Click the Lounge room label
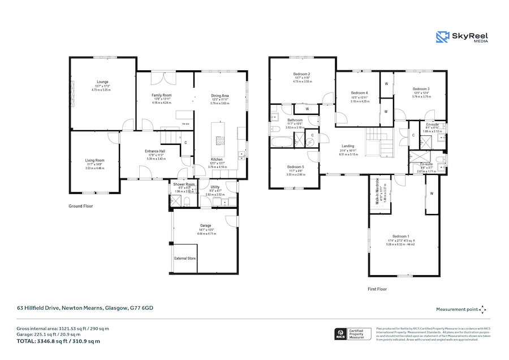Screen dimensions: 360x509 pos(102,82)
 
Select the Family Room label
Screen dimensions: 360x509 pos(162,95)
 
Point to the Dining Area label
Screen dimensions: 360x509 pos(220,96)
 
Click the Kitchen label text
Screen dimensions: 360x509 pos(217,160)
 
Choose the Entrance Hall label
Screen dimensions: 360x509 pos(154,151)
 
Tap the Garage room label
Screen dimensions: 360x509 pos(205,226)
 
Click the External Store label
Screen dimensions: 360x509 pos(185,258)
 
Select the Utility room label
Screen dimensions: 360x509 pos(215,187)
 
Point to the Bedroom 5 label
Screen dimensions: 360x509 pos(296,167)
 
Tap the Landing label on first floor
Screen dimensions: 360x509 pos(348,147)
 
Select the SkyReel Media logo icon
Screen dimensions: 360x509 pos(443,37)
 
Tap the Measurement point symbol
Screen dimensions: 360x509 pos(482,309)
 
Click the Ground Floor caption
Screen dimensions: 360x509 pos(80,207)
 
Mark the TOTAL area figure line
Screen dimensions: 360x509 pos(58,341)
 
